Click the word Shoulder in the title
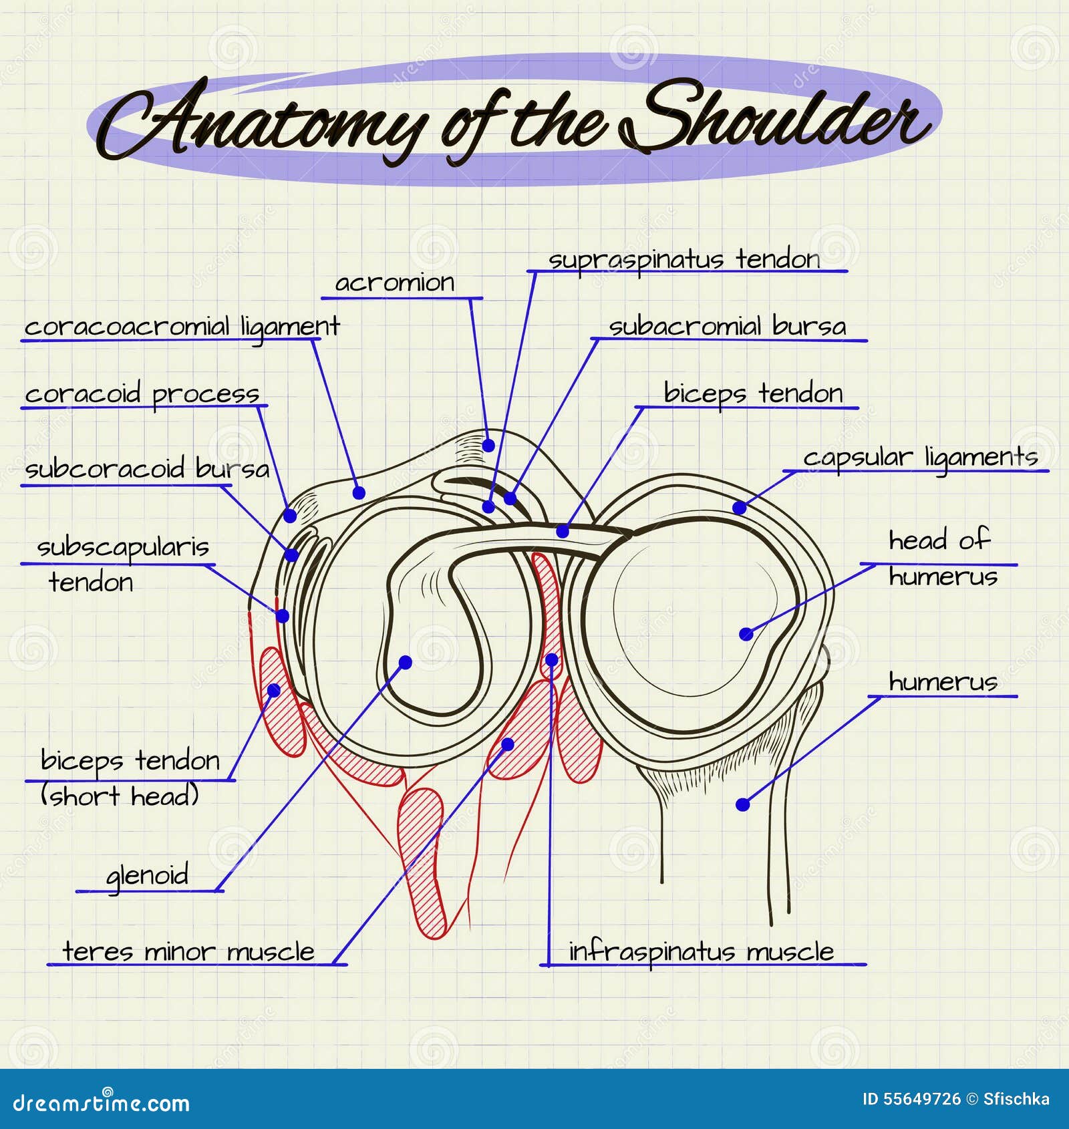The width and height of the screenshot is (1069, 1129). click(775, 117)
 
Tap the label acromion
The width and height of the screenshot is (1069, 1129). click(394, 283)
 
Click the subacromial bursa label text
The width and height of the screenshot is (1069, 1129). click(727, 327)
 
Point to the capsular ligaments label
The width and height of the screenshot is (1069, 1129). click(920, 458)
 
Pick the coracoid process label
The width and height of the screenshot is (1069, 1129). click(142, 394)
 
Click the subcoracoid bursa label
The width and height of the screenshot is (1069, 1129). click(147, 469)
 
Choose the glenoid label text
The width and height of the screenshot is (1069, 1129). click(148, 875)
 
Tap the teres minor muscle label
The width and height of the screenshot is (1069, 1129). click(188, 951)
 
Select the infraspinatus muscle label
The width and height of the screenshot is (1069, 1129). click(701, 951)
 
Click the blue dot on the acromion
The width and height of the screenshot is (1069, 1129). click(488, 445)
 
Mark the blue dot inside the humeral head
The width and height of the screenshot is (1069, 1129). click(746, 634)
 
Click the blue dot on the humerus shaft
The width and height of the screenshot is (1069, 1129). click(742, 804)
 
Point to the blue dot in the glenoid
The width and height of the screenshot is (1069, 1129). click(406, 662)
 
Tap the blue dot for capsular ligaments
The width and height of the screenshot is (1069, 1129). click(739, 508)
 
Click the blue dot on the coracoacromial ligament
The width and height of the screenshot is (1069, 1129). click(359, 493)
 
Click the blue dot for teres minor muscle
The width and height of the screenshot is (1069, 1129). click(508, 744)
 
